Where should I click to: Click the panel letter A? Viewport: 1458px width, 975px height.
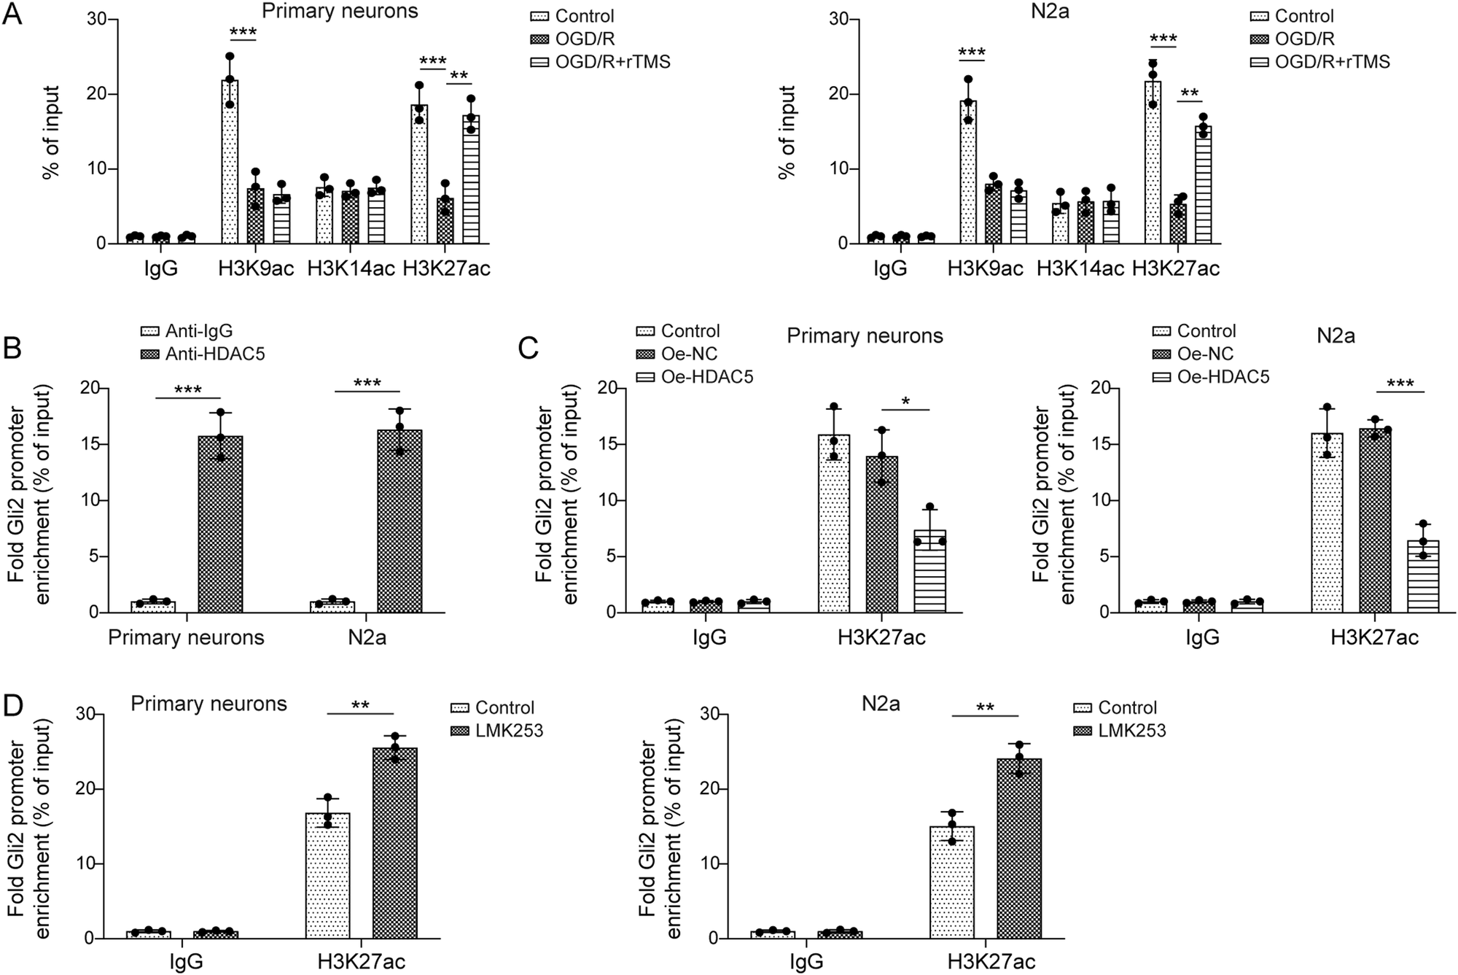[12, 15]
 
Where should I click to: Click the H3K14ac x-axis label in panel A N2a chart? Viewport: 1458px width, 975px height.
[1080, 269]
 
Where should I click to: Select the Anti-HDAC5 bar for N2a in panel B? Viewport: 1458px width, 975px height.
[399, 521]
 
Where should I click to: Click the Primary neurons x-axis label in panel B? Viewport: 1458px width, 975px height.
[186, 638]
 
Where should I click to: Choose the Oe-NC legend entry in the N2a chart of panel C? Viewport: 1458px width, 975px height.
[1205, 354]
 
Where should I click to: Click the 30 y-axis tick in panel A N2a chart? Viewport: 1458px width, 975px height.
[838, 20]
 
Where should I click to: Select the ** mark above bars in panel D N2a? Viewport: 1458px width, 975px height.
[985, 707]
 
